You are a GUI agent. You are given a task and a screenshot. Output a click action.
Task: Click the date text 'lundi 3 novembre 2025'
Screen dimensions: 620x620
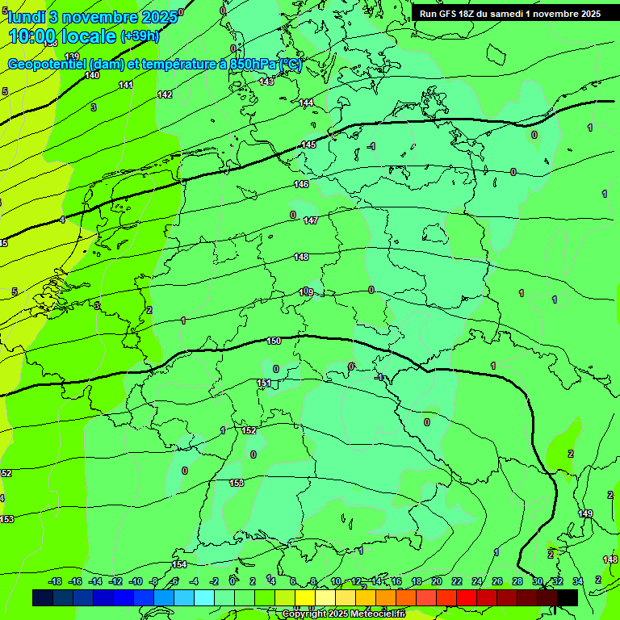point(93,16)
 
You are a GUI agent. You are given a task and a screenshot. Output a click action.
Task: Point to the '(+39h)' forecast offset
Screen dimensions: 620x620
point(140,36)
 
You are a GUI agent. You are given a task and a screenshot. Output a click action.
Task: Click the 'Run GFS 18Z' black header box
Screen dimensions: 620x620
point(509,14)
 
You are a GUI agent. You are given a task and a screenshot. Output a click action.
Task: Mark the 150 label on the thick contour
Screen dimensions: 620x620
point(274,341)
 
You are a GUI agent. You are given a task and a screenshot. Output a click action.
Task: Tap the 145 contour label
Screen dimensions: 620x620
point(308,145)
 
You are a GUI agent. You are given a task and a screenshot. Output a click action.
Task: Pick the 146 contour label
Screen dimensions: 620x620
point(301,185)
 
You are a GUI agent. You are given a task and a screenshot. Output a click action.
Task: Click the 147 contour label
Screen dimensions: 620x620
point(311,220)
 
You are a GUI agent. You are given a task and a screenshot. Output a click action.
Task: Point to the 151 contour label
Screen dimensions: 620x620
point(264,383)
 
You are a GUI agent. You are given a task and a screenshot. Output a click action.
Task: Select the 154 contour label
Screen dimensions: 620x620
point(179,564)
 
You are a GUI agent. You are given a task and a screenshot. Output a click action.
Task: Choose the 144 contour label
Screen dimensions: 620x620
point(307,103)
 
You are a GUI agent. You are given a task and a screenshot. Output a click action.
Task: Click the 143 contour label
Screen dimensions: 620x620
point(266,82)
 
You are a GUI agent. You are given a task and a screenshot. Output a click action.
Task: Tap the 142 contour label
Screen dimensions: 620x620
point(165,94)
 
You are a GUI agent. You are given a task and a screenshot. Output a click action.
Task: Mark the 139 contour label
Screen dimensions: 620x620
point(72,57)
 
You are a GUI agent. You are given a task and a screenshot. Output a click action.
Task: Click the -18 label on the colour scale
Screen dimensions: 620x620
point(56,581)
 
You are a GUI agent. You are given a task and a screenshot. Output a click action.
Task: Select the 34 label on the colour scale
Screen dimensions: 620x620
point(578,581)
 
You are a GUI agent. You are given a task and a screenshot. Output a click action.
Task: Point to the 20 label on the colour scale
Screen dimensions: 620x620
point(437,581)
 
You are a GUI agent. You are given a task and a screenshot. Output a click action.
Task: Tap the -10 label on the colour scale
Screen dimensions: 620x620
point(136,581)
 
